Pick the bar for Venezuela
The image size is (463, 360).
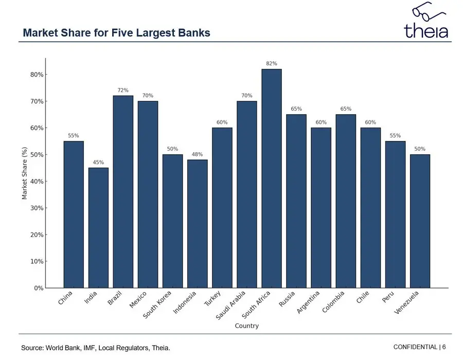420,221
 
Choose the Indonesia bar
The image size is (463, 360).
198,224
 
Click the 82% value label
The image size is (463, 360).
272,63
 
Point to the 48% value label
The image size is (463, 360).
198,154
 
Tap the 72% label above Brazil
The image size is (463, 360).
123,90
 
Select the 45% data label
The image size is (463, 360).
98,163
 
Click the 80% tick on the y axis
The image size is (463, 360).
37,75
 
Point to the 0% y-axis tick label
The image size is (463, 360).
38,288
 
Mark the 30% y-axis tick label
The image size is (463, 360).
37,208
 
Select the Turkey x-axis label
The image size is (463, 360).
213,299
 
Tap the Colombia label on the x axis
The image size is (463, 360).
336,302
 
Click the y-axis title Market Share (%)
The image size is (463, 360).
24,173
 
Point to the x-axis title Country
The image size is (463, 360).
246,326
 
